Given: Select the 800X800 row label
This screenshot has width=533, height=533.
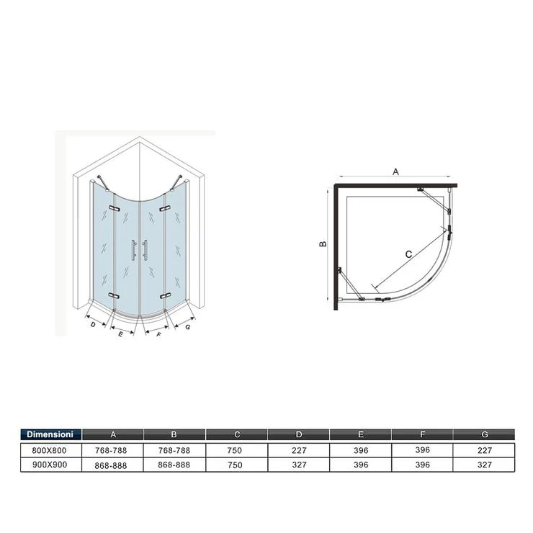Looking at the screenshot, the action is pos(49,450).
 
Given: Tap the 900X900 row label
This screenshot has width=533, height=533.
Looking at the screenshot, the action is pos(50,465).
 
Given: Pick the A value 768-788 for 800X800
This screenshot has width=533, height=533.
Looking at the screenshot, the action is pos(111,450).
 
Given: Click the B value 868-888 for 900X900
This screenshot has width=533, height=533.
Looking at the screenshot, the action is pos(174,465).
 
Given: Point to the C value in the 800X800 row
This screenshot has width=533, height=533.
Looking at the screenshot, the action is pos(235,450).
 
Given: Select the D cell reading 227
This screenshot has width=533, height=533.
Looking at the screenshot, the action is pos(299,450).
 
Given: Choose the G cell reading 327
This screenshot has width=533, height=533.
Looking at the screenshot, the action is pos(485,465).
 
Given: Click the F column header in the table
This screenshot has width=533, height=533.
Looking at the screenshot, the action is pos(423,434).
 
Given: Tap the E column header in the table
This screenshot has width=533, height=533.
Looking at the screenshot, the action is pos(361,434).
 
